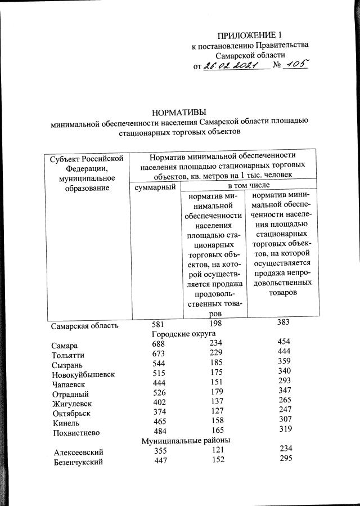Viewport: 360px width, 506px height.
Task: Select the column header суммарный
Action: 154,186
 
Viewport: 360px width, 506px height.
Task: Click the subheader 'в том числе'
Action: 248,185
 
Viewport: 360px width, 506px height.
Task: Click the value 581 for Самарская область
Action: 161,324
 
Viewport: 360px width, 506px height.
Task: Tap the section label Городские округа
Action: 187,334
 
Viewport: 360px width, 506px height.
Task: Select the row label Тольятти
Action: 69,355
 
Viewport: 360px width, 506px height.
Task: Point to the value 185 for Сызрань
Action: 215,363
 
